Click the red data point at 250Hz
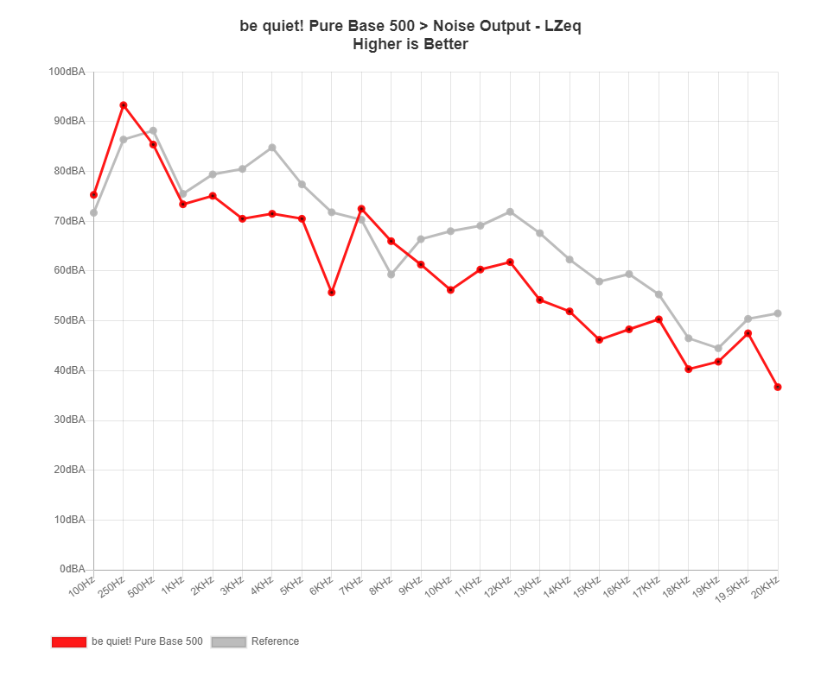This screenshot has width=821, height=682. click(124, 105)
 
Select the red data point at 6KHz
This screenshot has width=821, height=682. click(331, 293)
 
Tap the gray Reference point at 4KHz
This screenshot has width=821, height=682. click(272, 148)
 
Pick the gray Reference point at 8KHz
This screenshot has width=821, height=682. click(391, 275)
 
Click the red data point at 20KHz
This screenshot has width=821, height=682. click(778, 388)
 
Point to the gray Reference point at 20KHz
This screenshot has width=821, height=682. click(778, 313)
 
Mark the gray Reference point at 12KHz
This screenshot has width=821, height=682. click(510, 212)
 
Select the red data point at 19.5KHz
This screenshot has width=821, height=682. click(748, 333)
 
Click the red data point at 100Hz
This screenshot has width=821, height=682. click(93, 195)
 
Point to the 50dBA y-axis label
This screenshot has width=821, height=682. click(69, 320)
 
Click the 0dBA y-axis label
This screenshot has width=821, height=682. click(72, 569)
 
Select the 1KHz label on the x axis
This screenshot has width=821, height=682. click(174, 584)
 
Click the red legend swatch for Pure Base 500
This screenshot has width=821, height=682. click(68, 641)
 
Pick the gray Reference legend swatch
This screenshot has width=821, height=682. click(229, 641)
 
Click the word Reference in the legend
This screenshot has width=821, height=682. click(275, 641)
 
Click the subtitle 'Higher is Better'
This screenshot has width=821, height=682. click(410, 44)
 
